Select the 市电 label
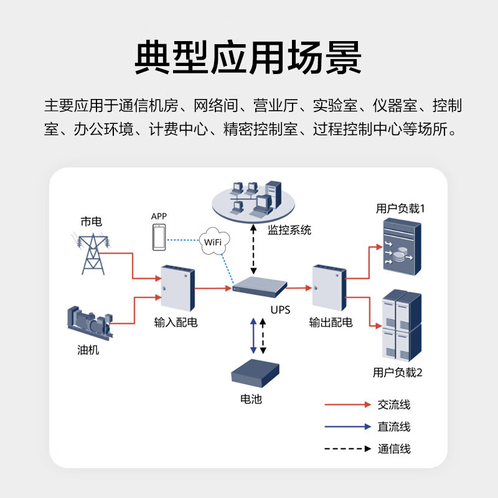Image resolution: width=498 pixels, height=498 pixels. [x=91, y=222]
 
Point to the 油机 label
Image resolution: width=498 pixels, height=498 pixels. [x=88, y=350]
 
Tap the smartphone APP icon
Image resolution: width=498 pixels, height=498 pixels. [x=159, y=237]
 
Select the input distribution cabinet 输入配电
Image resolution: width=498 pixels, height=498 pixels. [x=177, y=288]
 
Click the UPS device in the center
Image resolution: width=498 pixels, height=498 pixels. [x=260, y=287]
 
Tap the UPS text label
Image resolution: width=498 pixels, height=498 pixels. [x=280, y=309]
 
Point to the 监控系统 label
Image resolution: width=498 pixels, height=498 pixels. [x=289, y=230]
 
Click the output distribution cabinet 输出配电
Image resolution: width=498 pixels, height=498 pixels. [x=329, y=288]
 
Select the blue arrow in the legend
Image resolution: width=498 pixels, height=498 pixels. [x=347, y=427]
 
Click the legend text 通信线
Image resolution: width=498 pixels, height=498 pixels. [x=394, y=449]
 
